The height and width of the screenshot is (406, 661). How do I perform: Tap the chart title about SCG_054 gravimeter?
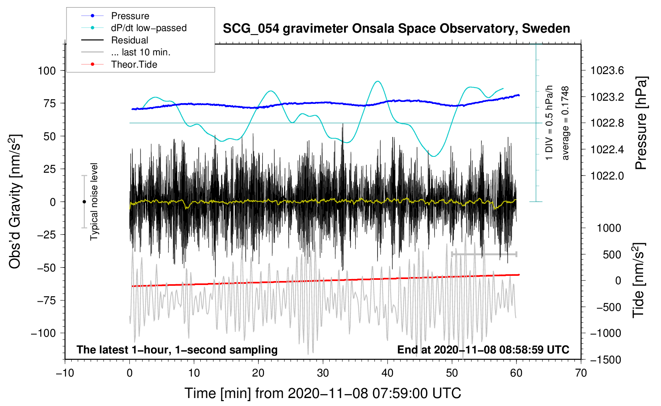396,29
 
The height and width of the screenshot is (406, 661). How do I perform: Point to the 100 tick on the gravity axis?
47,71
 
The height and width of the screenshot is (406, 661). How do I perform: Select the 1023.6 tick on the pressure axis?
607,71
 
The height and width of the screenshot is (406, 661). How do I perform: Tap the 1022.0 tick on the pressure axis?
607,176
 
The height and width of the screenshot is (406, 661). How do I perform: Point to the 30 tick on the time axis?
323,373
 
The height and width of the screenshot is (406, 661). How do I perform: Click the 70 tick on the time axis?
581,373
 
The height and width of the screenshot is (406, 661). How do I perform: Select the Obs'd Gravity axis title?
15,202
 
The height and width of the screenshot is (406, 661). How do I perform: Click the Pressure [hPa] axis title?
641,123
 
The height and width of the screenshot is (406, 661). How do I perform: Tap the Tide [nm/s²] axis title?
639,280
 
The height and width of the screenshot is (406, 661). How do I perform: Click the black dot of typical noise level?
84,202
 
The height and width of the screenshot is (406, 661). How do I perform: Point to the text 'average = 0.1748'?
565,123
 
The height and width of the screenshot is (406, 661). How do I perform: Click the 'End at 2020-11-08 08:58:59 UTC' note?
483,350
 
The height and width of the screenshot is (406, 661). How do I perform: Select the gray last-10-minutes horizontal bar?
484,254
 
